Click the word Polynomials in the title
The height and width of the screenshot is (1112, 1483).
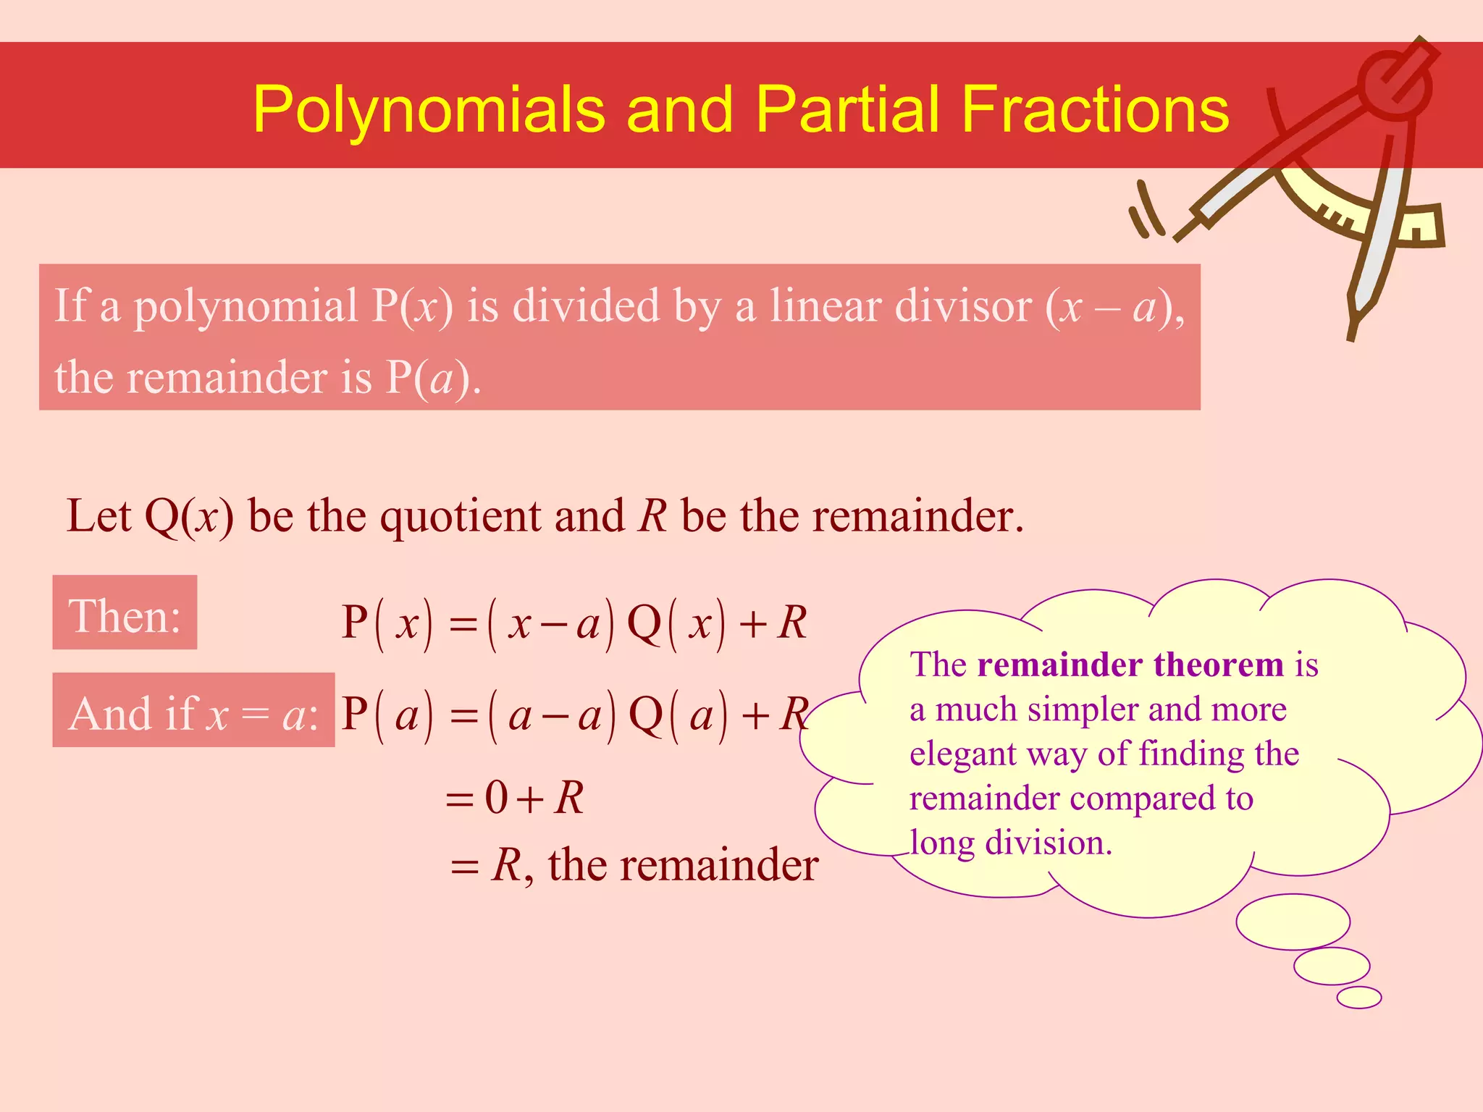(x=429, y=110)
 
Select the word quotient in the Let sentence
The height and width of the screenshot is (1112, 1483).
(x=461, y=517)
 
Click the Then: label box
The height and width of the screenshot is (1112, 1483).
(x=125, y=613)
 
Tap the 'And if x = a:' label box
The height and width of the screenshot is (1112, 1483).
(x=193, y=711)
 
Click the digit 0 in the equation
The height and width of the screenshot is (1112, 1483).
(x=497, y=798)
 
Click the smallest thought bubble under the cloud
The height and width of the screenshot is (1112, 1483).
(x=1358, y=997)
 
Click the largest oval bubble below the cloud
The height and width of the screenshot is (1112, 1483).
(x=1293, y=922)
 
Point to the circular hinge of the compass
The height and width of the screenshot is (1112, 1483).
(x=1393, y=85)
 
